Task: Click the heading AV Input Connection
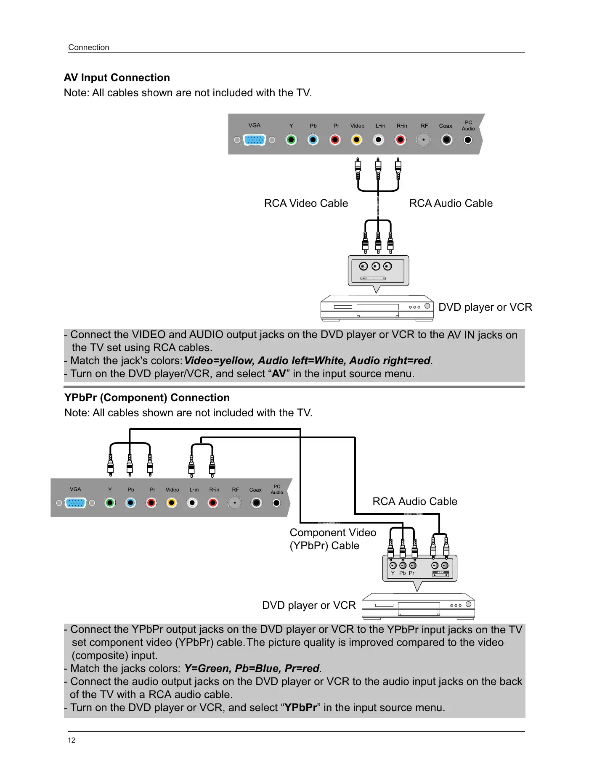coord(117,78)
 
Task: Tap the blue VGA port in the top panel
coord(255,140)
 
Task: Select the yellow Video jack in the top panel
coord(357,140)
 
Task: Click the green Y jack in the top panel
coord(291,140)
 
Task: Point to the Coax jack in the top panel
coord(446,140)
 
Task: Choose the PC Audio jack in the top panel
coord(468,140)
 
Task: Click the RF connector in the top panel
coord(424,140)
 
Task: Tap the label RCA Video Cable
coord(306,204)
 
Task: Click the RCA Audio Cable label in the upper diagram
coord(451,204)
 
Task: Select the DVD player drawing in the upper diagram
coord(377,308)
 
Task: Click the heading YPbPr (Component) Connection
coord(147,398)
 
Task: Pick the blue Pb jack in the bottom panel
coord(131,503)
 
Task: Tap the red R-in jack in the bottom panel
coord(213,503)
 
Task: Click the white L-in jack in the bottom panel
coord(192,503)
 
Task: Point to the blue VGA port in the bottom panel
coord(76,503)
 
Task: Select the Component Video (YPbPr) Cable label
coord(332,539)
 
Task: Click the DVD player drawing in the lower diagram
coord(418,606)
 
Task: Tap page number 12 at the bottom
coord(72,740)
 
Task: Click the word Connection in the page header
coord(89,48)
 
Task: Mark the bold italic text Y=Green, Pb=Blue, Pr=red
coord(252,669)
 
